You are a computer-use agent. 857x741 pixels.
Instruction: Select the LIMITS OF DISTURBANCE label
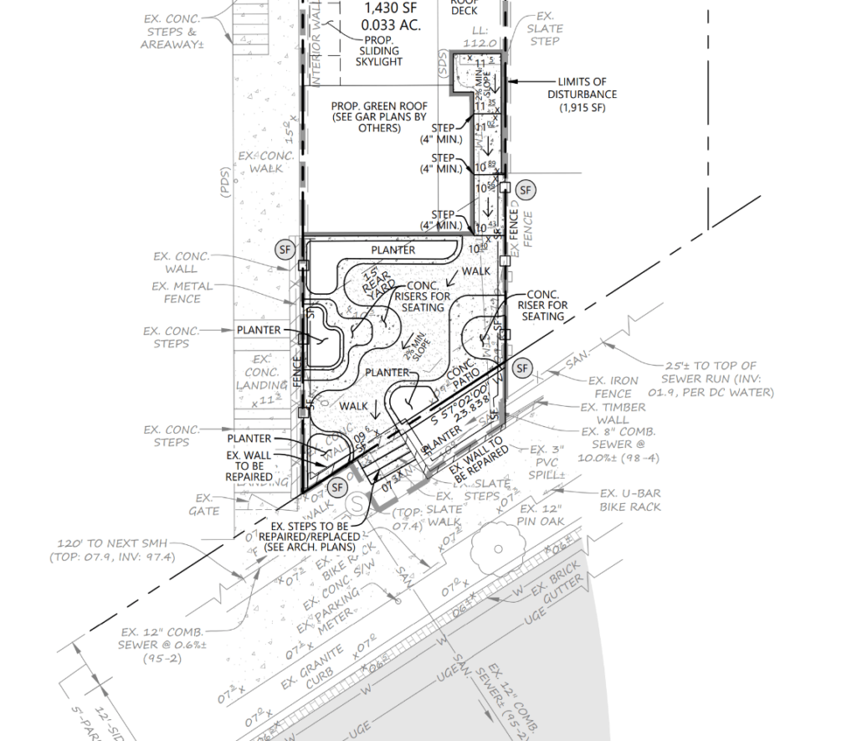pos(577,95)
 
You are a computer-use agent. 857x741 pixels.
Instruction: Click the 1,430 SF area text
pos(388,10)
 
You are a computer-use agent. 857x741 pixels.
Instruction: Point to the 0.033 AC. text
pos(390,26)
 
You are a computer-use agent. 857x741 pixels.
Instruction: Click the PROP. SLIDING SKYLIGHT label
pos(379,50)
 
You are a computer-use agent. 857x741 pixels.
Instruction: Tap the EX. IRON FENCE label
pos(611,386)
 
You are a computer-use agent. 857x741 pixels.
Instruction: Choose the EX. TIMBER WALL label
pos(613,413)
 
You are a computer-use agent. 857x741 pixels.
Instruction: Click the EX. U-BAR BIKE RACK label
pos(630,500)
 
